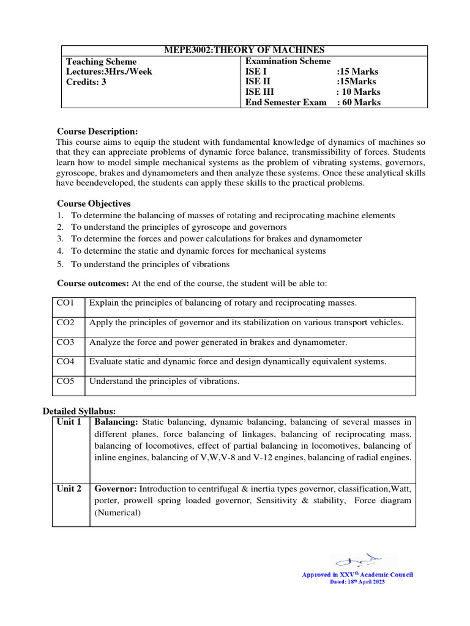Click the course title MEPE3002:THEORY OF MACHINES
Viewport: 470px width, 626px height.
[x=244, y=50]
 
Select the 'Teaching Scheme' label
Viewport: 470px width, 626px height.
[x=102, y=62]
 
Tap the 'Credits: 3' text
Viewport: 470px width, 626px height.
[x=86, y=82]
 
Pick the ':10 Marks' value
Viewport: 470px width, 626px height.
[x=358, y=92]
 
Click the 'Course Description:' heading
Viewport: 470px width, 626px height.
[x=97, y=131]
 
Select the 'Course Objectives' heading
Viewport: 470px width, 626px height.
[x=94, y=204]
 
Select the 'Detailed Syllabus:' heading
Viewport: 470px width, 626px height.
[x=78, y=411]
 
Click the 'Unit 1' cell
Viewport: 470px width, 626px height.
[x=69, y=422]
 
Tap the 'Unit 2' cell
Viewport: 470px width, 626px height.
[x=69, y=488]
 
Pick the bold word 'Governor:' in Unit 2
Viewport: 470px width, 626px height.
[x=116, y=488]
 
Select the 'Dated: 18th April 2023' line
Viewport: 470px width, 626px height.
[x=357, y=582]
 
